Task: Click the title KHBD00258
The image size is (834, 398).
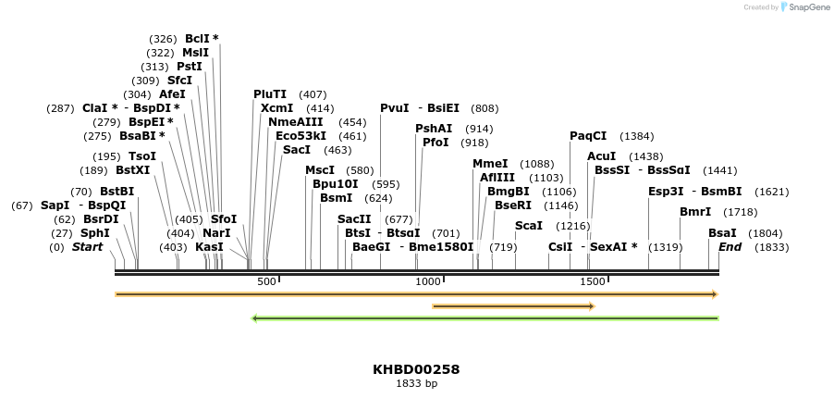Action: coord(416,369)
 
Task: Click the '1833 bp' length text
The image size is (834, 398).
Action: coord(416,383)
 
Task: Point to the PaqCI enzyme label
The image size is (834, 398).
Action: coord(588,136)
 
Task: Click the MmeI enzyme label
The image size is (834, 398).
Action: coord(490,164)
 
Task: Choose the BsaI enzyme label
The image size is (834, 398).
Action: coord(722,233)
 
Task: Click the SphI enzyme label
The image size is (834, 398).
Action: coord(94,233)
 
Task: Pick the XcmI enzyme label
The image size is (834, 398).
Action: coord(276,108)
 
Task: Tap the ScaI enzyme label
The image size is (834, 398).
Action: coord(528,226)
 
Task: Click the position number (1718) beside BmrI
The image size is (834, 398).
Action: coord(740,212)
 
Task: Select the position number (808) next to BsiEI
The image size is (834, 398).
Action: coord(484,108)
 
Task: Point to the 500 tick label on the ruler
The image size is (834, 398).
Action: coord(266,281)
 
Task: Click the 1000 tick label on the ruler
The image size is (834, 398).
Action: coord(427,281)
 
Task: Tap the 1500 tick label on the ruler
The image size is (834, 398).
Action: coord(592,281)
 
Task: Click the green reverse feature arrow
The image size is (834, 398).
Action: coord(484,318)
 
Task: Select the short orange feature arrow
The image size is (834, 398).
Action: coord(513,306)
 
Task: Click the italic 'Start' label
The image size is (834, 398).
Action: coord(87,247)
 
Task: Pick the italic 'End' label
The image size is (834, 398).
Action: coord(730,247)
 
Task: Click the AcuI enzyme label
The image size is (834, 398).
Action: coord(601,156)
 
